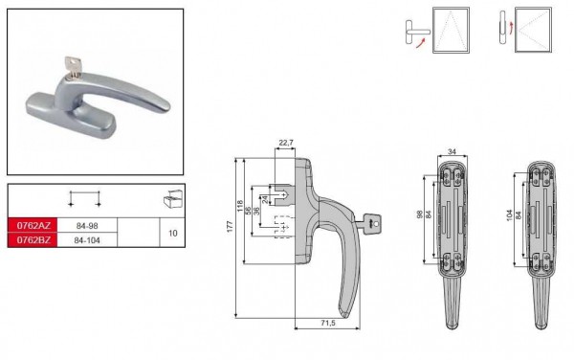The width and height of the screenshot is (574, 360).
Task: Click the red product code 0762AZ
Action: coord(33,225)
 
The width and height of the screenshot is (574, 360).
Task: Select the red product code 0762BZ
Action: coord(33,240)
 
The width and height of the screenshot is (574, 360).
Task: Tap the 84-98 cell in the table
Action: coord(87,226)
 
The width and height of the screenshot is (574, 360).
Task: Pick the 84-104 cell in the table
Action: coord(87,240)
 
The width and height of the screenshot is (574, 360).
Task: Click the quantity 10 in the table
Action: coord(172,233)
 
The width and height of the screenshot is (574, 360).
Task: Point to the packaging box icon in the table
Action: coord(173,199)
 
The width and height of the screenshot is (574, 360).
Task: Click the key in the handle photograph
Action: coord(73,67)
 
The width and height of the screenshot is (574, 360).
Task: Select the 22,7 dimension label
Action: coord(285,143)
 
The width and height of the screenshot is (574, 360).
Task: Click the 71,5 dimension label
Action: coord(327,323)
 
